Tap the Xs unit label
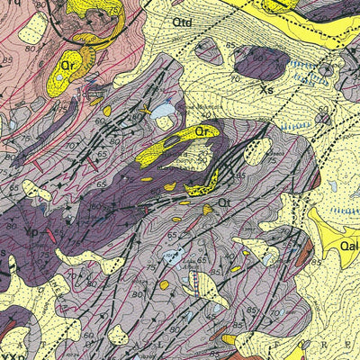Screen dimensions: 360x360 265,90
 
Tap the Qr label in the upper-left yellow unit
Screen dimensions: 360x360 67,65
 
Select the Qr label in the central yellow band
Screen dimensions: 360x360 206,131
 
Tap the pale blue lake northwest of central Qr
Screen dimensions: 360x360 163,110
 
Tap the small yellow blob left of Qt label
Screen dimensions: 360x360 208,209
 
